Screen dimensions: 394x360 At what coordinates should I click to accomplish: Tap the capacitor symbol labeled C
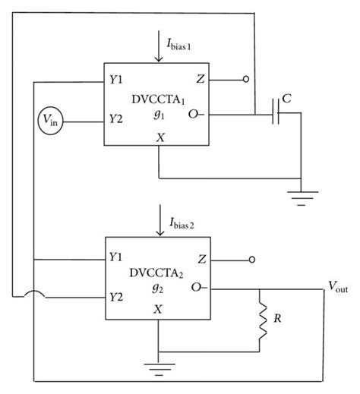(x=276, y=115)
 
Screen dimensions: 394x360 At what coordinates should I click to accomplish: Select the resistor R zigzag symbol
(x=261, y=323)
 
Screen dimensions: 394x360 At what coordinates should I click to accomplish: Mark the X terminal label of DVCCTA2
(x=158, y=309)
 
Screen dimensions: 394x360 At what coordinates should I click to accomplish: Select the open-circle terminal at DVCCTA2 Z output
(x=250, y=259)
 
